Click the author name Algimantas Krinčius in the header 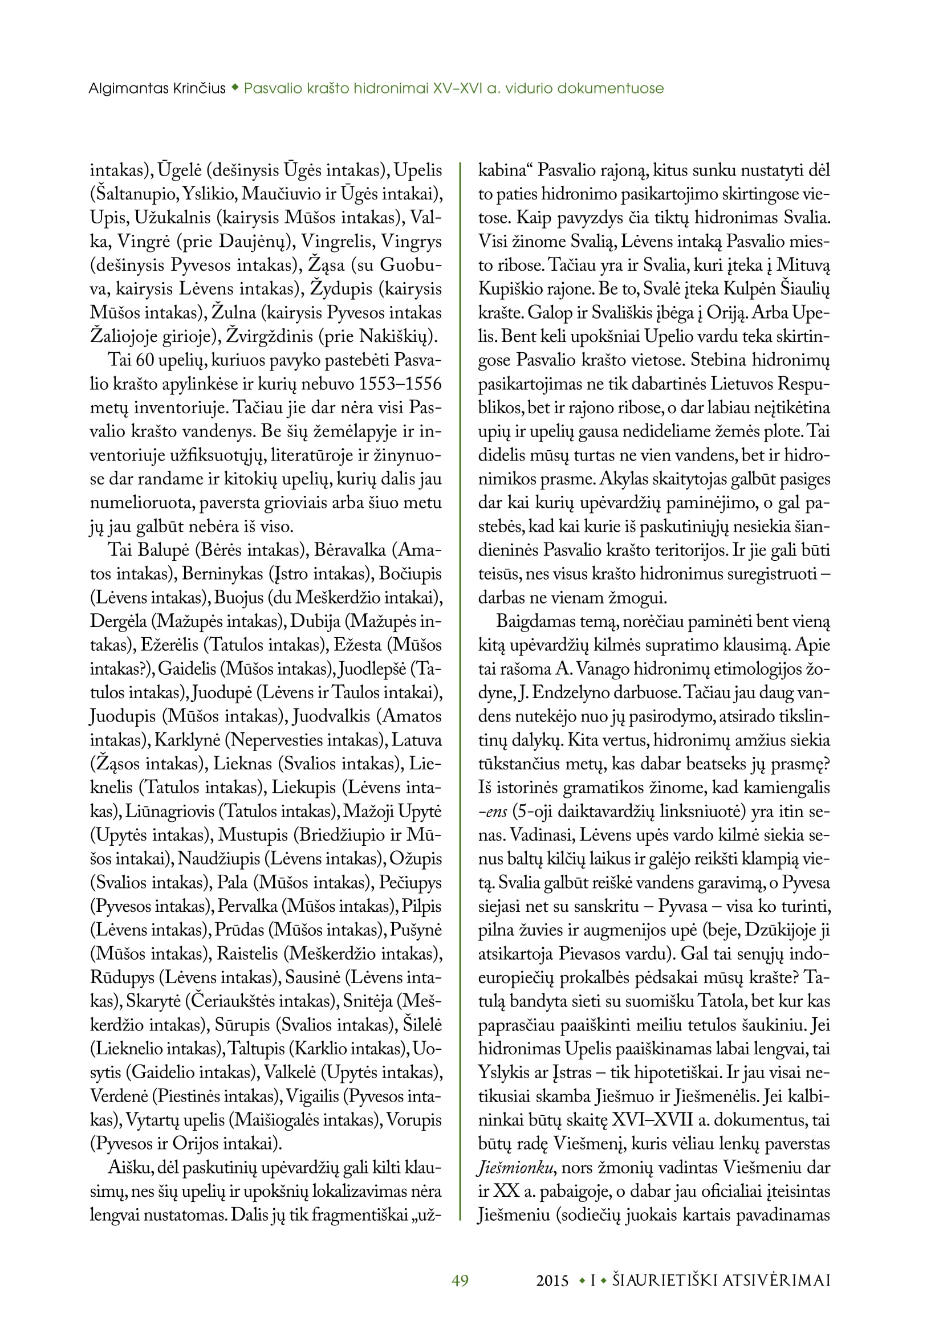pos(157,89)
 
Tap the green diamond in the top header pos(234,88)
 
